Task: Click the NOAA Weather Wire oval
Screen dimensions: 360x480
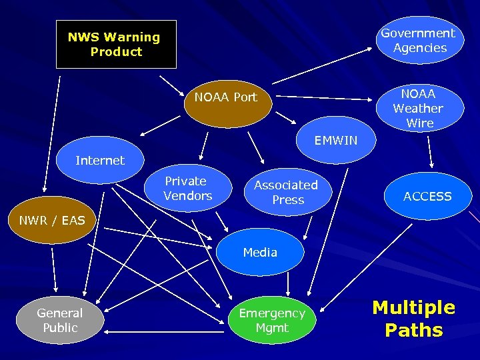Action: point(418,108)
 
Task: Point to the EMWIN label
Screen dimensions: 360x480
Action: point(336,141)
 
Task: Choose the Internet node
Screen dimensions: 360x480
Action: point(100,161)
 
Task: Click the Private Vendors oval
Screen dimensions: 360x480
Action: point(187,189)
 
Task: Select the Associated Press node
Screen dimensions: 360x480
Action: point(287,192)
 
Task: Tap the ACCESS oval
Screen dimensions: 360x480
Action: point(427,196)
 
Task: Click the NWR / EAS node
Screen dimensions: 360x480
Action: point(52,221)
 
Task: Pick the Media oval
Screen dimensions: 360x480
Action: point(260,252)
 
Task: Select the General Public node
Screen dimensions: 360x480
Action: point(60,320)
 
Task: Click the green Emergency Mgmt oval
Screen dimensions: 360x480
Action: point(272,320)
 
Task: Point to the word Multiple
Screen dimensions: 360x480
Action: point(413,307)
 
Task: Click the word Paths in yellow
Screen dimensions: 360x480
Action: point(413,330)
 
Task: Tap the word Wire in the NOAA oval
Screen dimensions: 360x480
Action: point(419,123)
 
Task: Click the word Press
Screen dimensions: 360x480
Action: point(288,200)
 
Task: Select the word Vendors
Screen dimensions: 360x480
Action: point(187,196)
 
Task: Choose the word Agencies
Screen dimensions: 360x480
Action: point(420,48)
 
